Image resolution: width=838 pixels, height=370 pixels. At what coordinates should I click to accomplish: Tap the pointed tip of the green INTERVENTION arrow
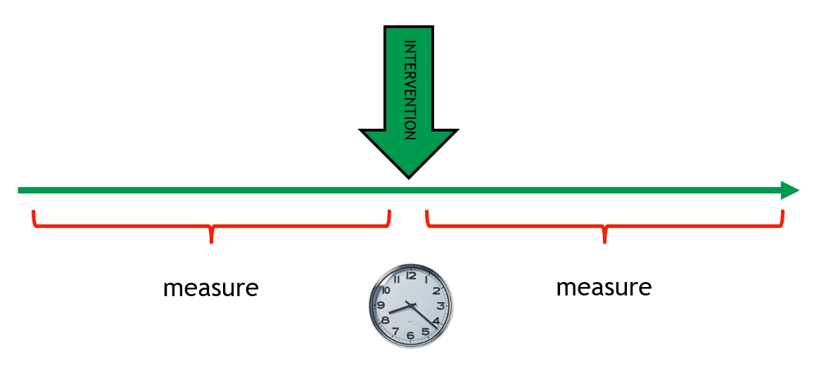tap(408, 175)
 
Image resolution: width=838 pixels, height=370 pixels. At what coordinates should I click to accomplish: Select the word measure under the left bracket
tap(210, 288)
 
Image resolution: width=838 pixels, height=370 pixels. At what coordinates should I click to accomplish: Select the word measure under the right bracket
tap(604, 287)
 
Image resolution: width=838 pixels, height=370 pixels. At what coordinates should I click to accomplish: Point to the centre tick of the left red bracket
tap(211, 236)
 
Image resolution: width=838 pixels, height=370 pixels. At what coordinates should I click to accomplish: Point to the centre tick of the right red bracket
tap(604, 236)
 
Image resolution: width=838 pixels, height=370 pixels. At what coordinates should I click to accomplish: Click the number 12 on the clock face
tap(411, 276)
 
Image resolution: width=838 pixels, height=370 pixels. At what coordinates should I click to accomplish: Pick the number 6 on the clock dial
tap(411, 336)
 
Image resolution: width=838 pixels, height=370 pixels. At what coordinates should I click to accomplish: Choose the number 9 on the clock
tap(381, 306)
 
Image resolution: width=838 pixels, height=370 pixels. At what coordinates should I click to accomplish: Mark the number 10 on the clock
tap(386, 290)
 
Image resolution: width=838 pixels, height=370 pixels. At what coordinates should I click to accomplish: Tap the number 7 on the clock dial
tap(396, 331)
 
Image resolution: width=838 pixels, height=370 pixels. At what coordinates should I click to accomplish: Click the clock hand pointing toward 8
tap(398, 310)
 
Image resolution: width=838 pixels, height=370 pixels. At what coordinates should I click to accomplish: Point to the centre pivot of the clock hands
tap(411, 305)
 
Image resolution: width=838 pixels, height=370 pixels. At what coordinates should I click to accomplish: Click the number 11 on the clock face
tap(396, 279)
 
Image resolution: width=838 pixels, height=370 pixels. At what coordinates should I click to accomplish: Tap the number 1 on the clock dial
tap(426, 279)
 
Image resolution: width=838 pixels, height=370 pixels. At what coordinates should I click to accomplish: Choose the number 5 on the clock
tap(426, 331)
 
